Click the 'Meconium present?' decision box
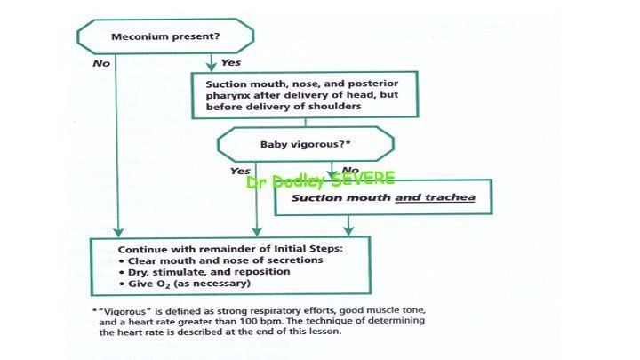(165, 36)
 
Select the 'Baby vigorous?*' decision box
(306, 144)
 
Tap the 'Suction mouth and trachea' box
(384, 197)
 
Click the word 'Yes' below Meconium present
(231, 62)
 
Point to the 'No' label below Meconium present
(101, 63)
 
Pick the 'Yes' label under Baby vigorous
(240, 171)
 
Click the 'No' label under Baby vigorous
(350, 170)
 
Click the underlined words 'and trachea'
(435, 197)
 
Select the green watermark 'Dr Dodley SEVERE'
(321, 180)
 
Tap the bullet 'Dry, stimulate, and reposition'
(204, 272)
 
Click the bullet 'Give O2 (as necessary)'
(185, 284)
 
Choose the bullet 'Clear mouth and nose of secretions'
(220, 260)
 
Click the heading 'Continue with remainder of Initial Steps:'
(230, 249)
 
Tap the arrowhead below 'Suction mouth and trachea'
(348, 231)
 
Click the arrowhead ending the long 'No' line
(118, 232)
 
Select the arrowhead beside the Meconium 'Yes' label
(211, 67)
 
